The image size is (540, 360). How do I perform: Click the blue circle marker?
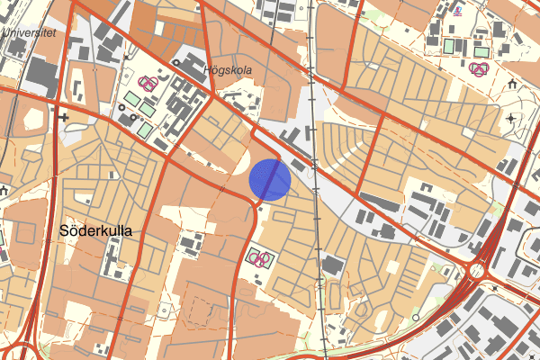click(271, 179)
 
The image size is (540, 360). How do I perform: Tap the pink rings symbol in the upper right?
click(481, 68)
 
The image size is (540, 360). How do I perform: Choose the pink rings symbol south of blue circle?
click(262, 260)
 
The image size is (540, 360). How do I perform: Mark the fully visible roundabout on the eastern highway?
click(477, 271)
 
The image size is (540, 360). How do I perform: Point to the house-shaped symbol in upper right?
click(512, 85)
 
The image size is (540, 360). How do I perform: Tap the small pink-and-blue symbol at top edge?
click(459, 10)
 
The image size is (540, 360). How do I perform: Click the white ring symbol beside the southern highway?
click(417, 318)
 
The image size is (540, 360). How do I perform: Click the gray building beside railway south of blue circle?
click(333, 265)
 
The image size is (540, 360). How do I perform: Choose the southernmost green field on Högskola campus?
click(144, 130)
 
